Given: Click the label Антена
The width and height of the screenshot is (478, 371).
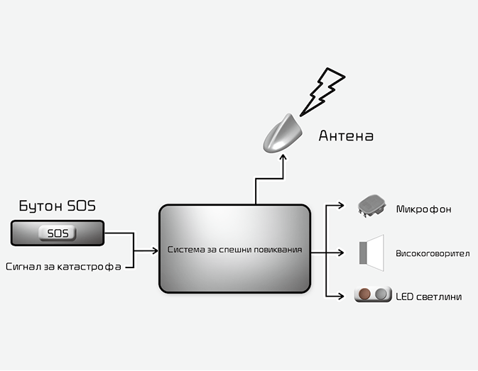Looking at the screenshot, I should click(345, 135).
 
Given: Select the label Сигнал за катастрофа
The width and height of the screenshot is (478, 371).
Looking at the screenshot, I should click(62, 267).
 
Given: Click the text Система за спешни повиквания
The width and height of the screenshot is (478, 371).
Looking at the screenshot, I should click(235, 250).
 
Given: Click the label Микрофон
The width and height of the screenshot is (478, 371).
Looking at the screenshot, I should click(423, 209).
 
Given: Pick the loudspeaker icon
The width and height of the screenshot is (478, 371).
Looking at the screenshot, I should click(371, 251).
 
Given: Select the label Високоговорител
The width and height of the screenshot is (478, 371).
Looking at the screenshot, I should click(432, 253).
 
